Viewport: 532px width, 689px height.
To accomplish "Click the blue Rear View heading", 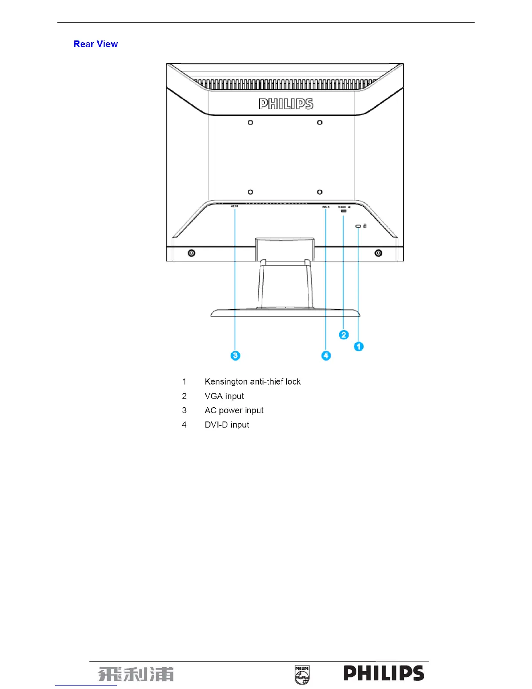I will (96, 44).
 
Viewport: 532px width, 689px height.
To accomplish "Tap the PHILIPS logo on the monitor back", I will (286, 104).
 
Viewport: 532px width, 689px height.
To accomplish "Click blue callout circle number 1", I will (359, 346).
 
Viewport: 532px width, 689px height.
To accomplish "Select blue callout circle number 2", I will (344, 334).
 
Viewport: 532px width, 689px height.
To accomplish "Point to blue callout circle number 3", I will (235, 355).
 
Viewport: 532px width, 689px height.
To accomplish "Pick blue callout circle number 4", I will (326, 355).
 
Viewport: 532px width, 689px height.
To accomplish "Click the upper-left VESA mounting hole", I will (250, 123).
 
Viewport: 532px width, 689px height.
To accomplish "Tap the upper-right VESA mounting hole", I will (319, 123).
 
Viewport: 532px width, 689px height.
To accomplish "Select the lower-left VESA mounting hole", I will (250, 192).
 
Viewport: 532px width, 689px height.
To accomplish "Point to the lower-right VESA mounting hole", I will (319, 192).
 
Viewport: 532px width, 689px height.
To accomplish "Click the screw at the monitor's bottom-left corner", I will (192, 253).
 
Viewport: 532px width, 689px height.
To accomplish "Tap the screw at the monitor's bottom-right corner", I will (379, 253).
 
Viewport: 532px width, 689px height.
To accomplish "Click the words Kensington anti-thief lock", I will (253, 381).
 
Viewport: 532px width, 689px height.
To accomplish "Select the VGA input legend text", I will (224, 396).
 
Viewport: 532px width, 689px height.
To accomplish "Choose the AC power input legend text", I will (234, 410).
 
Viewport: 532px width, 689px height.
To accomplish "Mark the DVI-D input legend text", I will (227, 425).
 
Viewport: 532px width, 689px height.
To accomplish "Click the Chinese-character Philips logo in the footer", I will (136, 674).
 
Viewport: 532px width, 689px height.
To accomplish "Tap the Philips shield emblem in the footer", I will (302, 675).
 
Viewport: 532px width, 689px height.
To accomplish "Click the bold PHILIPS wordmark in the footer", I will (384, 673).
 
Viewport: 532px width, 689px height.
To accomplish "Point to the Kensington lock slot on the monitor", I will (358, 226).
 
